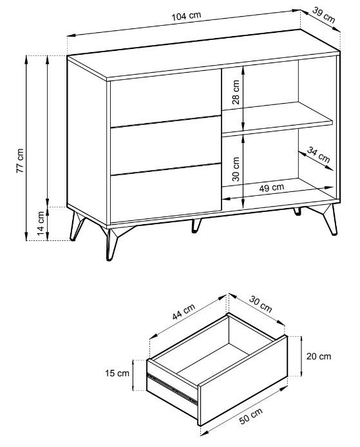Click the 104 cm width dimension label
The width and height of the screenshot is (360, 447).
pyautogui.click(x=186, y=15)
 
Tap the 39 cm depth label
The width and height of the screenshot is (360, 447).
pyautogui.click(x=323, y=15)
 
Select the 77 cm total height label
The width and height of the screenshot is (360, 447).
pyautogui.click(x=20, y=160)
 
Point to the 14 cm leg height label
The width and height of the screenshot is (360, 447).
pyautogui.click(x=41, y=223)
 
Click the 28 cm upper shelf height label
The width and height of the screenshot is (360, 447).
pyautogui.click(x=236, y=92)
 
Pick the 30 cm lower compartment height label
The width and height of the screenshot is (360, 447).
pyautogui.click(x=236, y=169)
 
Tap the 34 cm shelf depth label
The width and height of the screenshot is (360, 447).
pyautogui.click(x=318, y=155)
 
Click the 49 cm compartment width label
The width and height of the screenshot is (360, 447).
pyautogui.click(x=272, y=187)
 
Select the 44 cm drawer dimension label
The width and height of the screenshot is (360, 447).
pyautogui.click(x=184, y=312)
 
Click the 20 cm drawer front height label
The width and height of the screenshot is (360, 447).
pyautogui.click(x=319, y=356)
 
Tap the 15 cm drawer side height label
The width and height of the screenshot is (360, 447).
pyautogui.click(x=117, y=373)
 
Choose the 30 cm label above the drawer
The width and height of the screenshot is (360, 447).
pyautogui.click(x=261, y=304)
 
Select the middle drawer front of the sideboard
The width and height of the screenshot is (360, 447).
pyautogui.click(x=166, y=145)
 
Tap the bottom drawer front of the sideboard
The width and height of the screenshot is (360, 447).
pyautogui.click(x=166, y=193)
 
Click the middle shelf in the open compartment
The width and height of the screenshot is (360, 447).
pyautogui.click(x=277, y=117)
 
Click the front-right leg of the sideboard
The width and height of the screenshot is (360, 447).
pyautogui.click(x=328, y=218)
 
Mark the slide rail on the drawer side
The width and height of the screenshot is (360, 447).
pyautogui.click(x=172, y=388)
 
